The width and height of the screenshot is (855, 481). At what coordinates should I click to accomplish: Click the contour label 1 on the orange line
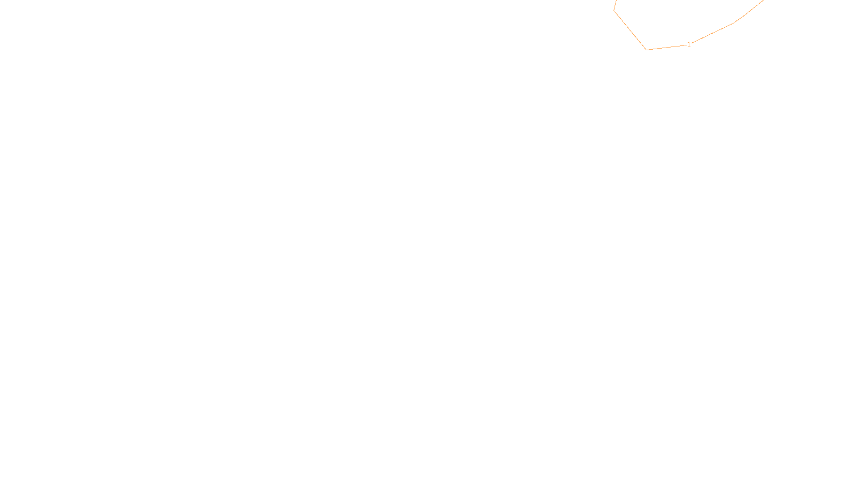[689, 44]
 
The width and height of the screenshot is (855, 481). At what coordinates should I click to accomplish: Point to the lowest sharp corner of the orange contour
[647, 50]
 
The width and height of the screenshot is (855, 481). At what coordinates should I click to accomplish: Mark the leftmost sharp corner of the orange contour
[614, 11]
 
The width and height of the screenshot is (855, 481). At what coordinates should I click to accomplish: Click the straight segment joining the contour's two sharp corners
[631, 30]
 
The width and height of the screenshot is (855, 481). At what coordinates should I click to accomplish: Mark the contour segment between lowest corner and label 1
[666, 48]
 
